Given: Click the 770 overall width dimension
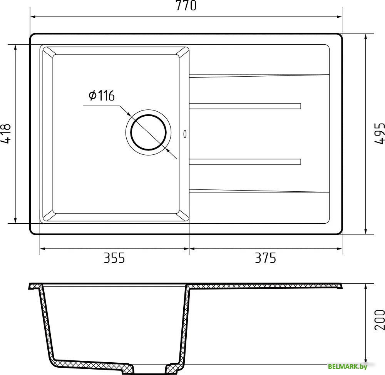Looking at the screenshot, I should (186, 6).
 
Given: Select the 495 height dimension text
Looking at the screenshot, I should (379, 134).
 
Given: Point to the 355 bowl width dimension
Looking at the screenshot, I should (114, 258).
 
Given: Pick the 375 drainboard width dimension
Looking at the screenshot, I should (265, 258).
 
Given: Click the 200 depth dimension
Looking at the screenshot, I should (379, 320).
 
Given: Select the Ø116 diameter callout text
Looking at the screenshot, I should (102, 95).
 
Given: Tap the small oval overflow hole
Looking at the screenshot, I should (185, 134).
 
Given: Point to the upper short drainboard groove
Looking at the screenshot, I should (245, 106).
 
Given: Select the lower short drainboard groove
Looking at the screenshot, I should (245, 162).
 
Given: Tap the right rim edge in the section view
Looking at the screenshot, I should (340, 286).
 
